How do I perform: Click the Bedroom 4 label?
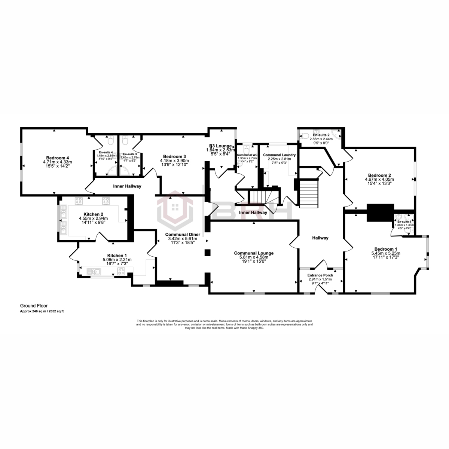click(57, 158)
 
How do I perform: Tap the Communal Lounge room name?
click(254, 253)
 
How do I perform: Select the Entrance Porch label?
click(320, 275)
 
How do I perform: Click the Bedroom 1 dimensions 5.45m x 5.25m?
click(385, 254)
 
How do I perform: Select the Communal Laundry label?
click(280, 155)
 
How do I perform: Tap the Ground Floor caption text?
click(34, 306)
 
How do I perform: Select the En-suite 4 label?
click(106, 152)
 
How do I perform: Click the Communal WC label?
click(247, 155)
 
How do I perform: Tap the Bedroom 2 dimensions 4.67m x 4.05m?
click(379, 180)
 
